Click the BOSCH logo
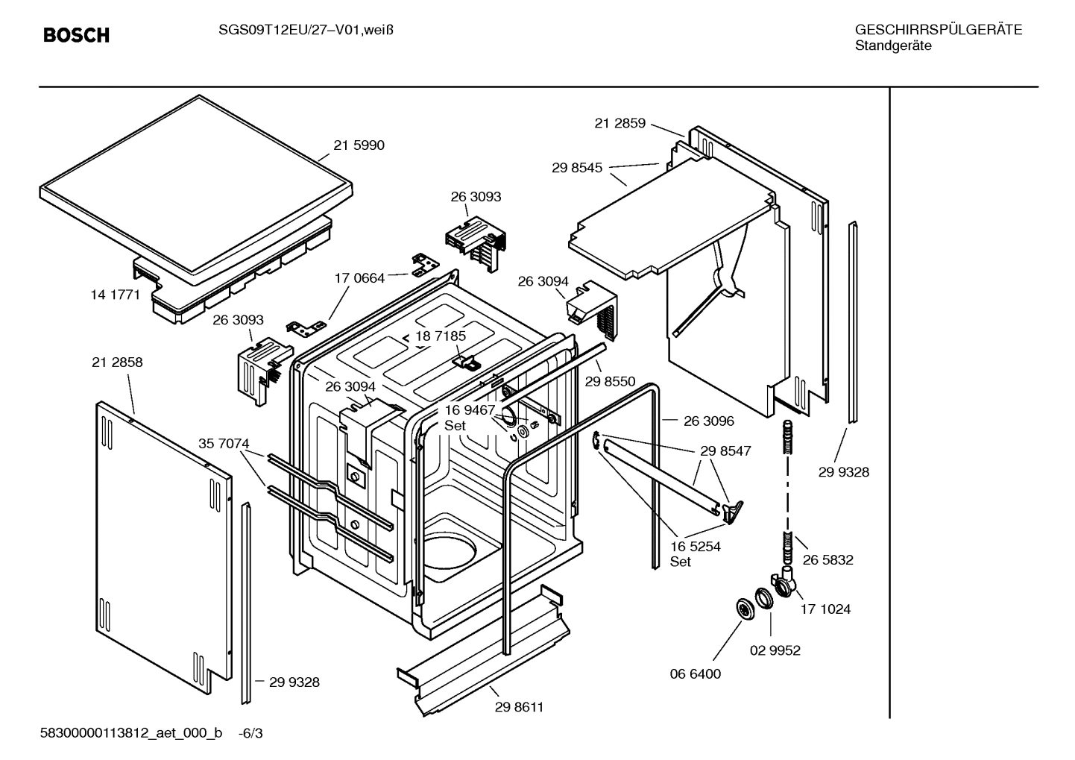76,35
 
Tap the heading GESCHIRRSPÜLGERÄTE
938,30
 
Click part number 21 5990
359,145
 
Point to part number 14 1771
115,295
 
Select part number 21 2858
117,362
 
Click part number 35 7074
224,444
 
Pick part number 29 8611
519,707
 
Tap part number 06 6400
696,674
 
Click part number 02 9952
775,650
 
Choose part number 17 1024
825,609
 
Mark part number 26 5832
827,559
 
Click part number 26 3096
708,421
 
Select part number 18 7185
441,336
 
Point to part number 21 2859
620,123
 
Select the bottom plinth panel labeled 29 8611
483,649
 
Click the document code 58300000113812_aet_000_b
130,733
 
